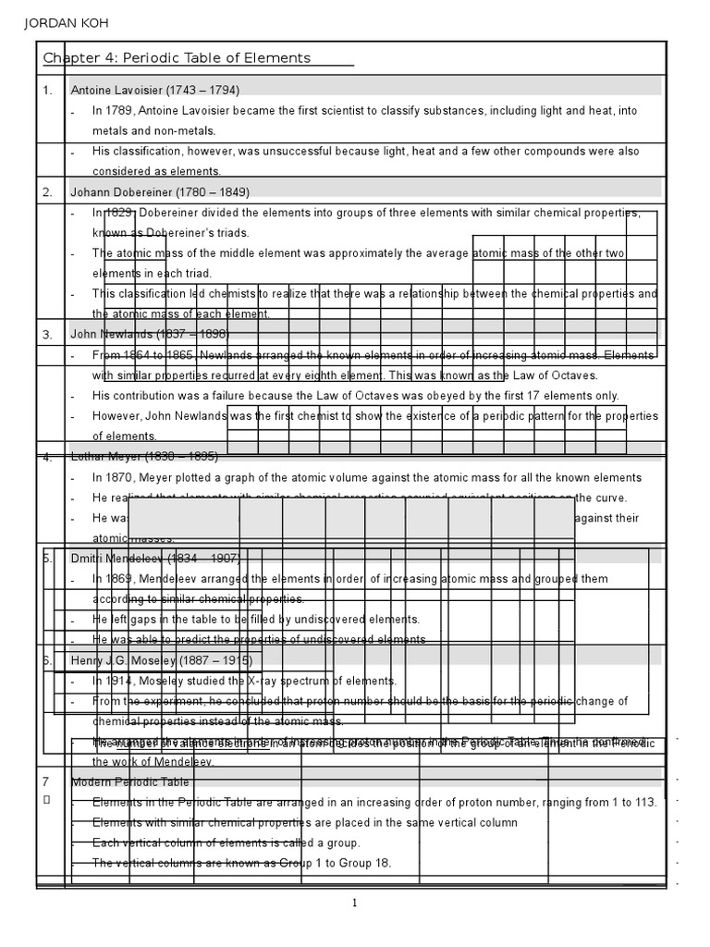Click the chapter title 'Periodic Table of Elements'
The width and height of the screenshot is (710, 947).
click(218, 58)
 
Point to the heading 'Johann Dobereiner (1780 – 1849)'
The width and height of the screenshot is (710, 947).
click(160, 192)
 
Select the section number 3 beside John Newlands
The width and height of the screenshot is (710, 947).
click(47, 335)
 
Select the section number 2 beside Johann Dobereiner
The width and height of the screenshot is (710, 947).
click(47, 192)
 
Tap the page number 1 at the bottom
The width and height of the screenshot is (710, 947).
click(354, 904)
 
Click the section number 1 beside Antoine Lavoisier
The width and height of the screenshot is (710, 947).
click(46, 91)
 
